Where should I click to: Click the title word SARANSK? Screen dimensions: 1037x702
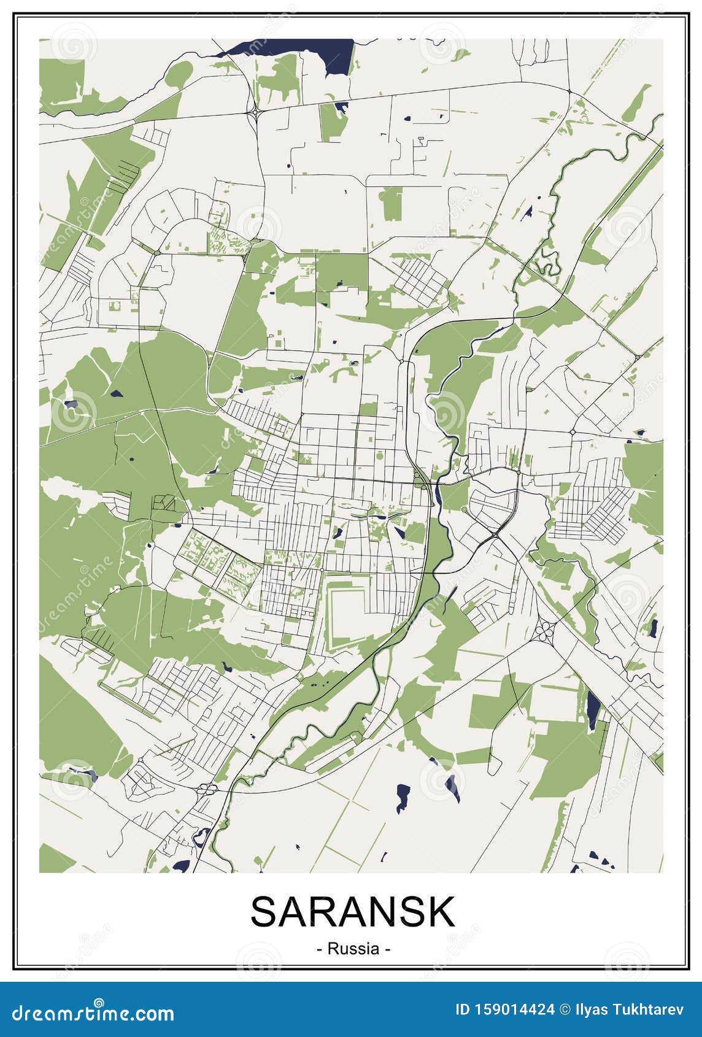tap(352, 912)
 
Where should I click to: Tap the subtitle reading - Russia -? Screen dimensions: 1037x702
tap(353, 949)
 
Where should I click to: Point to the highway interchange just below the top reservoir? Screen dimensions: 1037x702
tap(254, 112)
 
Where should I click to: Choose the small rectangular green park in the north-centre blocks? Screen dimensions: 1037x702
tap(390, 204)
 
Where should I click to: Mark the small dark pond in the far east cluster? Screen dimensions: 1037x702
tap(654, 628)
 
